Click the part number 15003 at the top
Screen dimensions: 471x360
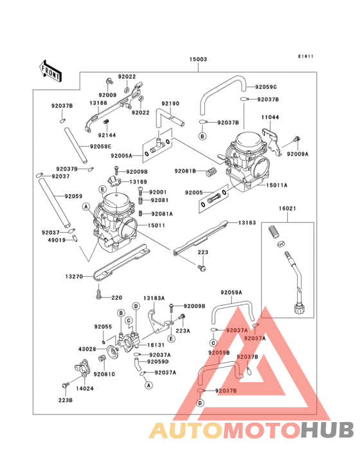pyautogui.click(x=198, y=59)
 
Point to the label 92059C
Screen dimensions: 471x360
pyautogui.click(x=265, y=87)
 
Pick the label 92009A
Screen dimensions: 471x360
pyautogui.click(x=298, y=154)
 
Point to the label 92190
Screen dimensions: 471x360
pyautogui.click(x=170, y=103)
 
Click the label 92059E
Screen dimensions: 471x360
pyautogui.click(x=102, y=147)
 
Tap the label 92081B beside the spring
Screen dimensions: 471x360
pyautogui.click(x=186, y=171)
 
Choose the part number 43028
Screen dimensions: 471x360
pyautogui.click(x=87, y=349)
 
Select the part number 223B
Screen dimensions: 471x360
pyautogui.click(x=65, y=400)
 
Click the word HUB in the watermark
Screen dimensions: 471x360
pyautogui.click(x=327, y=429)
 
